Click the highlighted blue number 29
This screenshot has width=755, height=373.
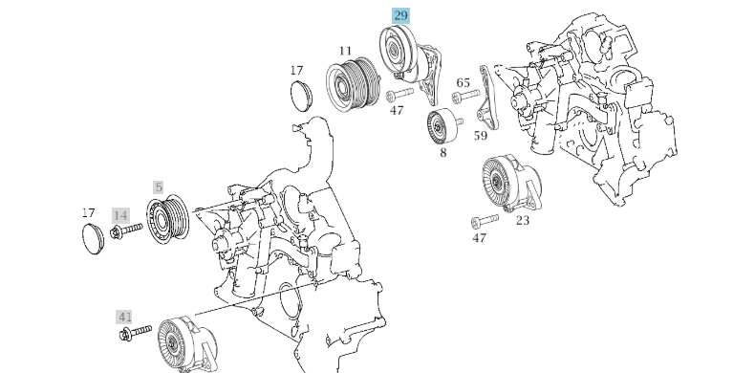400,16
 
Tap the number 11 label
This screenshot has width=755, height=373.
345,51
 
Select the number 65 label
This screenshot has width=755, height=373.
463,83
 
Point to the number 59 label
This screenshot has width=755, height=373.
481,136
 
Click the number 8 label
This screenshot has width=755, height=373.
443,153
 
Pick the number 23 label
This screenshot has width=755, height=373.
523,220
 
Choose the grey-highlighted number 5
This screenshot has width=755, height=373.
159,187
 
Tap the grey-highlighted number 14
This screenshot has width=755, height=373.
120,215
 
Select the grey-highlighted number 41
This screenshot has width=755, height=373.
125,318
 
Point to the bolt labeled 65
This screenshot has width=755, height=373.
465,96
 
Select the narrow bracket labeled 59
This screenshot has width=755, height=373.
487,98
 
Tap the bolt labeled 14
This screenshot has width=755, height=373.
126,230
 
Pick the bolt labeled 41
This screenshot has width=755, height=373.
136,332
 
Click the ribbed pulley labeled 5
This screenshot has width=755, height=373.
167,219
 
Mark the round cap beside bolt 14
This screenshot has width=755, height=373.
93,238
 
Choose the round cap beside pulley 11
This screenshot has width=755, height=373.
301,95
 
